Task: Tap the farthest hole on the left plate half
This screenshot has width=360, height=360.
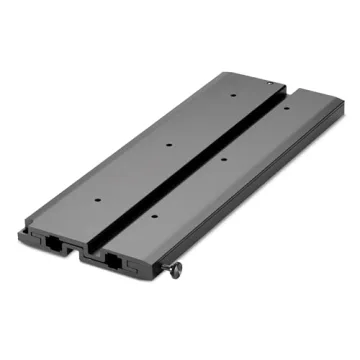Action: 232,98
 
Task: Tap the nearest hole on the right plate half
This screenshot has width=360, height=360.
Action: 152,215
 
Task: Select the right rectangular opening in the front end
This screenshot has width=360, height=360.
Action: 111,264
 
